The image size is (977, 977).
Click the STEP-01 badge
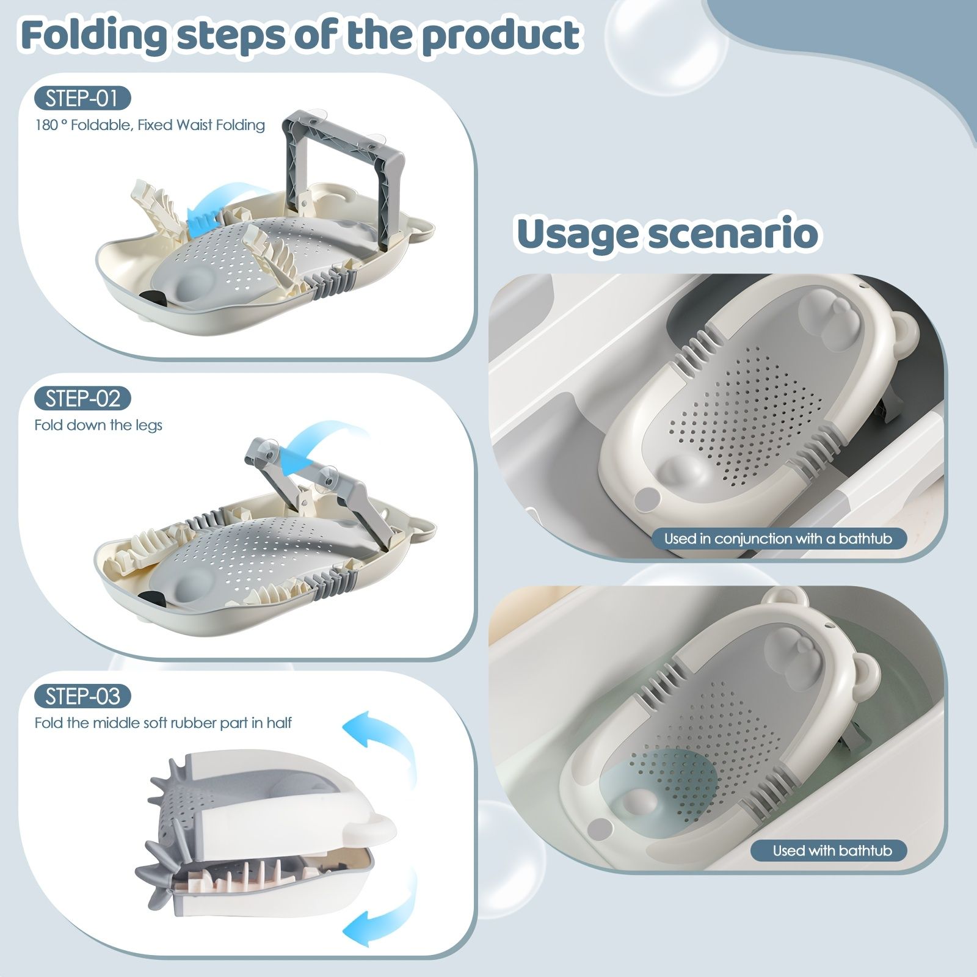pos(82,98)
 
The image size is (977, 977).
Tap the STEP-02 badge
pos(82,399)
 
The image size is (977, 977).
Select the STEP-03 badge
pos(82,697)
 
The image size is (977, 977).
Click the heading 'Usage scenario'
pos(667,234)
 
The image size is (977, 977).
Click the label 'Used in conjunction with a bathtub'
pos(779,539)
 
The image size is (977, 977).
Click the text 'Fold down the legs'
pos(98,425)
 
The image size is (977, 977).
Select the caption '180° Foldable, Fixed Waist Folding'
pos(150,125)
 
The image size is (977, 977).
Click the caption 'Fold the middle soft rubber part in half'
pos(163,723)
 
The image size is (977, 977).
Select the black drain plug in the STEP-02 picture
pos(151,597)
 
